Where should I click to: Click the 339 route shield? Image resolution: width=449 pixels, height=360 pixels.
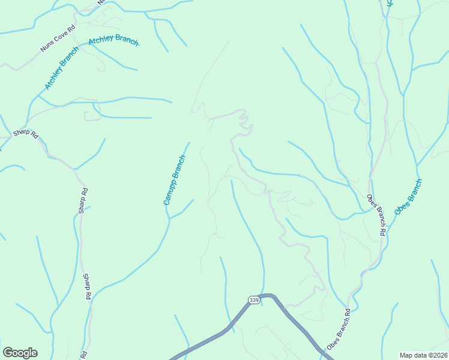coord(255,299)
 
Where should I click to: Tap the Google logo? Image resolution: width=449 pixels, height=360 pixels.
coord(20,353)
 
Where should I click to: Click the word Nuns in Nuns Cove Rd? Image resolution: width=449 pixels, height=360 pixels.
coord(46,47)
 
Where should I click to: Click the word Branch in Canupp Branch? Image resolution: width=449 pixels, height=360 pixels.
coord(179,167)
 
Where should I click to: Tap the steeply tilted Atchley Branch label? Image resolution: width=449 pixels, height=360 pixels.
coord(62,68)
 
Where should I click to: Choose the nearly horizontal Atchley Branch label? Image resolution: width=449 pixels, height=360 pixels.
coord(113,41)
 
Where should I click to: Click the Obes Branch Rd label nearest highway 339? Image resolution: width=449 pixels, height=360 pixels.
coord(339,330)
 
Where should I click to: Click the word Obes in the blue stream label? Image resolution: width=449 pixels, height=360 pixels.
coord(401,208)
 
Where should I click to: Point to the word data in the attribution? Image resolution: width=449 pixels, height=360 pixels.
coord(419,355)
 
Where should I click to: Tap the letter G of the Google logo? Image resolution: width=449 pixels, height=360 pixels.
coord(7,353)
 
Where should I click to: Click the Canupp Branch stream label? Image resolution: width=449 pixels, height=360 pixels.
coord(175,180)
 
